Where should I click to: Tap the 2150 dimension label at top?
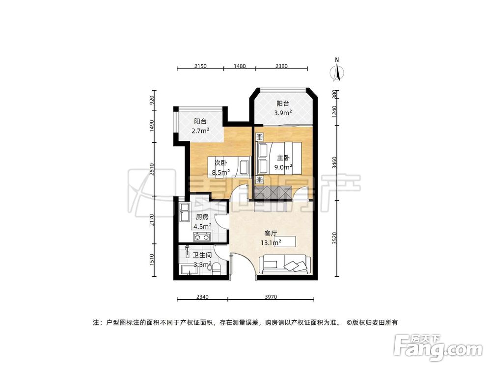tap(200, 66)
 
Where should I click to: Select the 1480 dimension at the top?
tap(239, 66)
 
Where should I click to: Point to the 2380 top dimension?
tap(282, 66)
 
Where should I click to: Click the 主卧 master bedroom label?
tap(283, 158)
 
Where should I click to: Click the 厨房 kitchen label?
tap(203, 217)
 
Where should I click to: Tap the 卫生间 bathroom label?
tap(202, 255)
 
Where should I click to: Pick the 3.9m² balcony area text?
tap(284, 112)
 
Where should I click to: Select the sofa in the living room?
tap(284, 264)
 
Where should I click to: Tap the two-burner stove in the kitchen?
tap(202, 237)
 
